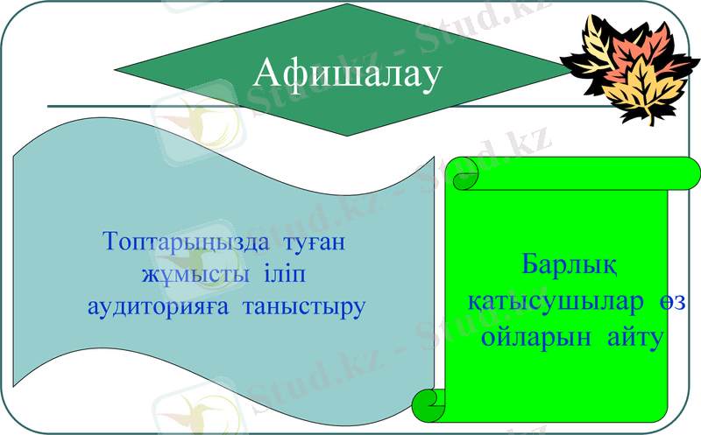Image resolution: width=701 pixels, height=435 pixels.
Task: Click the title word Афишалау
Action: pos(345,74)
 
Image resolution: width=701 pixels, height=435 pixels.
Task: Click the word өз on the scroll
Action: pos(677,301)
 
